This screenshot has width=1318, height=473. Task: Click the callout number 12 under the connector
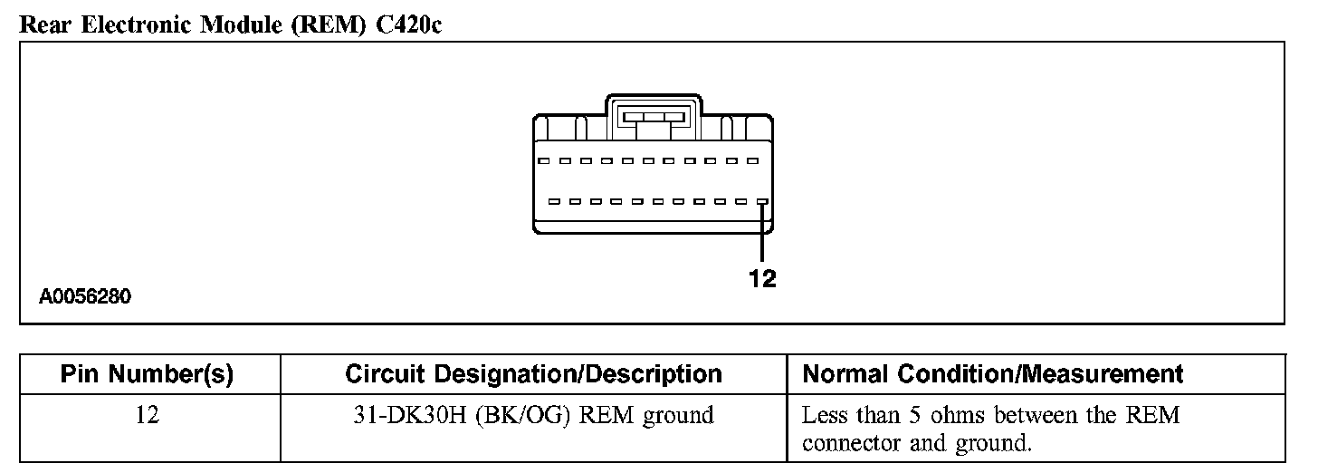[762, 280]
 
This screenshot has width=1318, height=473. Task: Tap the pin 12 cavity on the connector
[762, 202]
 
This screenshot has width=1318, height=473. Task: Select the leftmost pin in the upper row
[542, 161]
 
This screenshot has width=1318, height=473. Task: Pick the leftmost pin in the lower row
[552, 202]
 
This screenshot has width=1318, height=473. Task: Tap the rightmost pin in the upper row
[752, 161]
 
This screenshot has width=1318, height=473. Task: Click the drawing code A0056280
[86, 296]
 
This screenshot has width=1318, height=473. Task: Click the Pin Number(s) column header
[148, 374]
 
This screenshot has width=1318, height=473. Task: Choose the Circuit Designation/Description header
[533, 374]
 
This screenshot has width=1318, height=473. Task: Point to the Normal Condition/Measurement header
[993, 374]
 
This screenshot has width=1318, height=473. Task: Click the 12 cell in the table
[148, 416]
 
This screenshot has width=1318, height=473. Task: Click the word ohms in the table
[962, 416]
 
